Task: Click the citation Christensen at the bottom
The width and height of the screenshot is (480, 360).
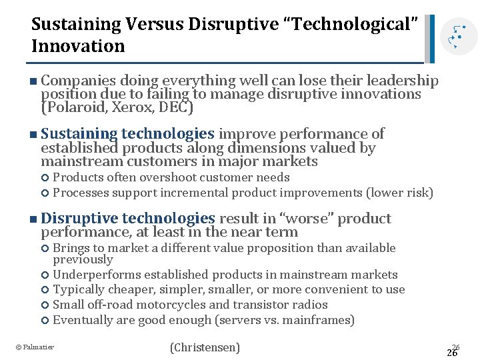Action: pyautogui.click(x=205, y=347)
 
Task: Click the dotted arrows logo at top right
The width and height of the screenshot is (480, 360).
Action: pyautogui.click(x=457, y=37)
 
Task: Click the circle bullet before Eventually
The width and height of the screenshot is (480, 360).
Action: pyautogui.click(x=45, y=321)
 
